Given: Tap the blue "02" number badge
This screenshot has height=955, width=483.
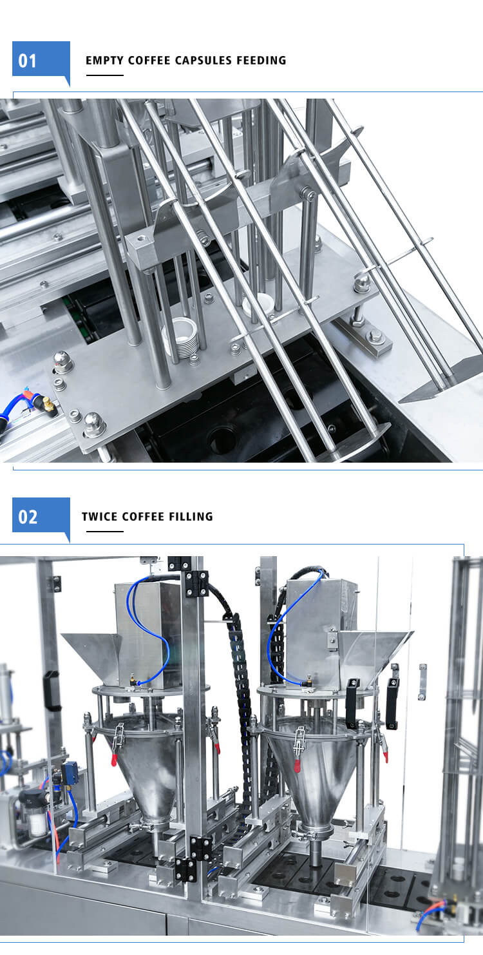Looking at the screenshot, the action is [x=41, y=517].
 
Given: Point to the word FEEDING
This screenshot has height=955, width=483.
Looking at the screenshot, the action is [x=261, y=61].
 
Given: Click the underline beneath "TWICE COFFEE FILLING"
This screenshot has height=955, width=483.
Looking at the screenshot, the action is [x=105, y=531].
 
